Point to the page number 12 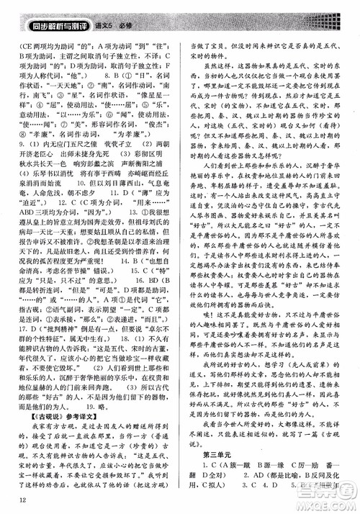24,502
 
